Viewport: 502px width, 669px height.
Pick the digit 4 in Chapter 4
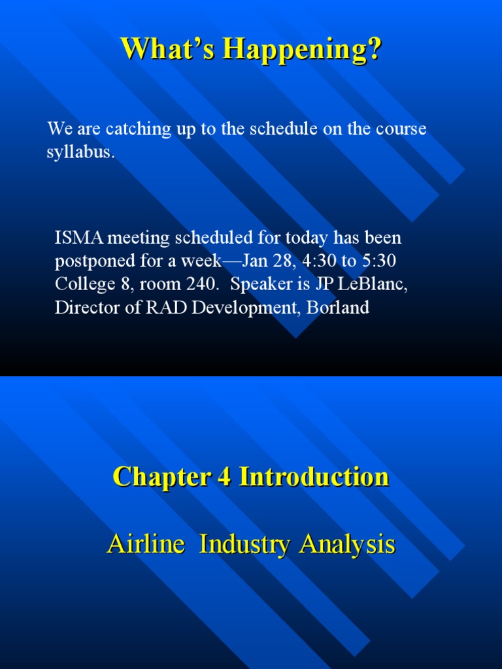pos(222,477)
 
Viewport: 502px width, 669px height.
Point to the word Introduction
pos(314,477)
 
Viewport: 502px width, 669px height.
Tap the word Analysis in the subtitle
pos(347,544)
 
